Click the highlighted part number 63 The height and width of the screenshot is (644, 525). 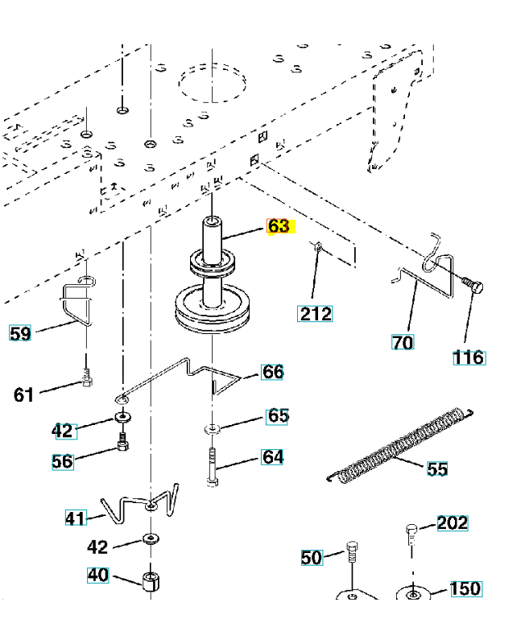[x=279, y=226]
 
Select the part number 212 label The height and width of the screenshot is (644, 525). [x=315, y=313]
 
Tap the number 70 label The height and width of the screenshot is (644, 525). [x=403, y=342]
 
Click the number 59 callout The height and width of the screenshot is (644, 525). [x=20, y=332]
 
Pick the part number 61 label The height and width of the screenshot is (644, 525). [x=24, y=394]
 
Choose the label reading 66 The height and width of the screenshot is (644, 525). [x=273, y=372]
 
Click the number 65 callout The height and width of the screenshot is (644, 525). [x=277, y=416]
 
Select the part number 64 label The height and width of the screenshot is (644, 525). [x=273, y=458]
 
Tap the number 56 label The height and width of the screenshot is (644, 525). [x=63, y=462]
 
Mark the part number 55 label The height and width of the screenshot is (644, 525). [x=437, y=469]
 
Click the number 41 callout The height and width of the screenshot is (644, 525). [x=76, y=518]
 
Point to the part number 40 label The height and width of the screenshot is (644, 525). [x=97, y=576]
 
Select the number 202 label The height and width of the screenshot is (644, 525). [x=452, y=523]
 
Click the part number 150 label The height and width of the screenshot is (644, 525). [x=465, y=588]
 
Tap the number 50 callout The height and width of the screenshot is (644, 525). [x=312, y=557]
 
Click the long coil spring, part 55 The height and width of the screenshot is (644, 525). [x=397, y=448]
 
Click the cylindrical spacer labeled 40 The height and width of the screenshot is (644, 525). [x=150, y=581]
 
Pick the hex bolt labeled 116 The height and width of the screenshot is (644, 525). [x=471, y=285]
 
